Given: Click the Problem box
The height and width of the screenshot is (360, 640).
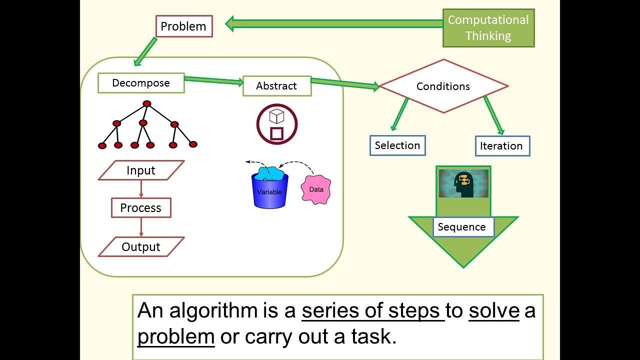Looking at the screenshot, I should click(184, 26).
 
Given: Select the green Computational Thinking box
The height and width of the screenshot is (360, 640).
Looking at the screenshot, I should click(488, 28).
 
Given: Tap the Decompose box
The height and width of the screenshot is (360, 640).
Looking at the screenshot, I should click(141, 83).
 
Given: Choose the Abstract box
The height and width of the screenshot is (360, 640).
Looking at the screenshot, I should click(276, 86).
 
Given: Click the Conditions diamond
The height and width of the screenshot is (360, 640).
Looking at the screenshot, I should click(443, 86).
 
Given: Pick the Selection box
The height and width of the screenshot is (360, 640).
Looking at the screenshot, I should click(397, 145).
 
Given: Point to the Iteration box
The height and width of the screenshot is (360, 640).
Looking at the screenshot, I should click(501, 146).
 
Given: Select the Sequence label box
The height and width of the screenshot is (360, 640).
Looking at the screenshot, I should click(462, 227).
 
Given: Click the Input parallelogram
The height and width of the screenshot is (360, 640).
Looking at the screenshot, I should click(141, 170).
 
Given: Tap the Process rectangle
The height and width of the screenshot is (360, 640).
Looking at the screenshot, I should click(141, 208).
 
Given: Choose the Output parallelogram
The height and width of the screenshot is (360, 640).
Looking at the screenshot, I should click(141, 247).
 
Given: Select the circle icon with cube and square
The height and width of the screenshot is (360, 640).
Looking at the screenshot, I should click(277, 124).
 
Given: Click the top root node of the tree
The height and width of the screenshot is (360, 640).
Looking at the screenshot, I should click(146, 103).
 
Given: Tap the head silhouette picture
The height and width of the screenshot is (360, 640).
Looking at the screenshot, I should click(463, 183).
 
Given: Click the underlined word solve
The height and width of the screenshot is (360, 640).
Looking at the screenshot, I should click(494, 310).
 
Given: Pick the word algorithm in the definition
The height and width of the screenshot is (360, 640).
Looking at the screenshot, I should click(213, 311).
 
